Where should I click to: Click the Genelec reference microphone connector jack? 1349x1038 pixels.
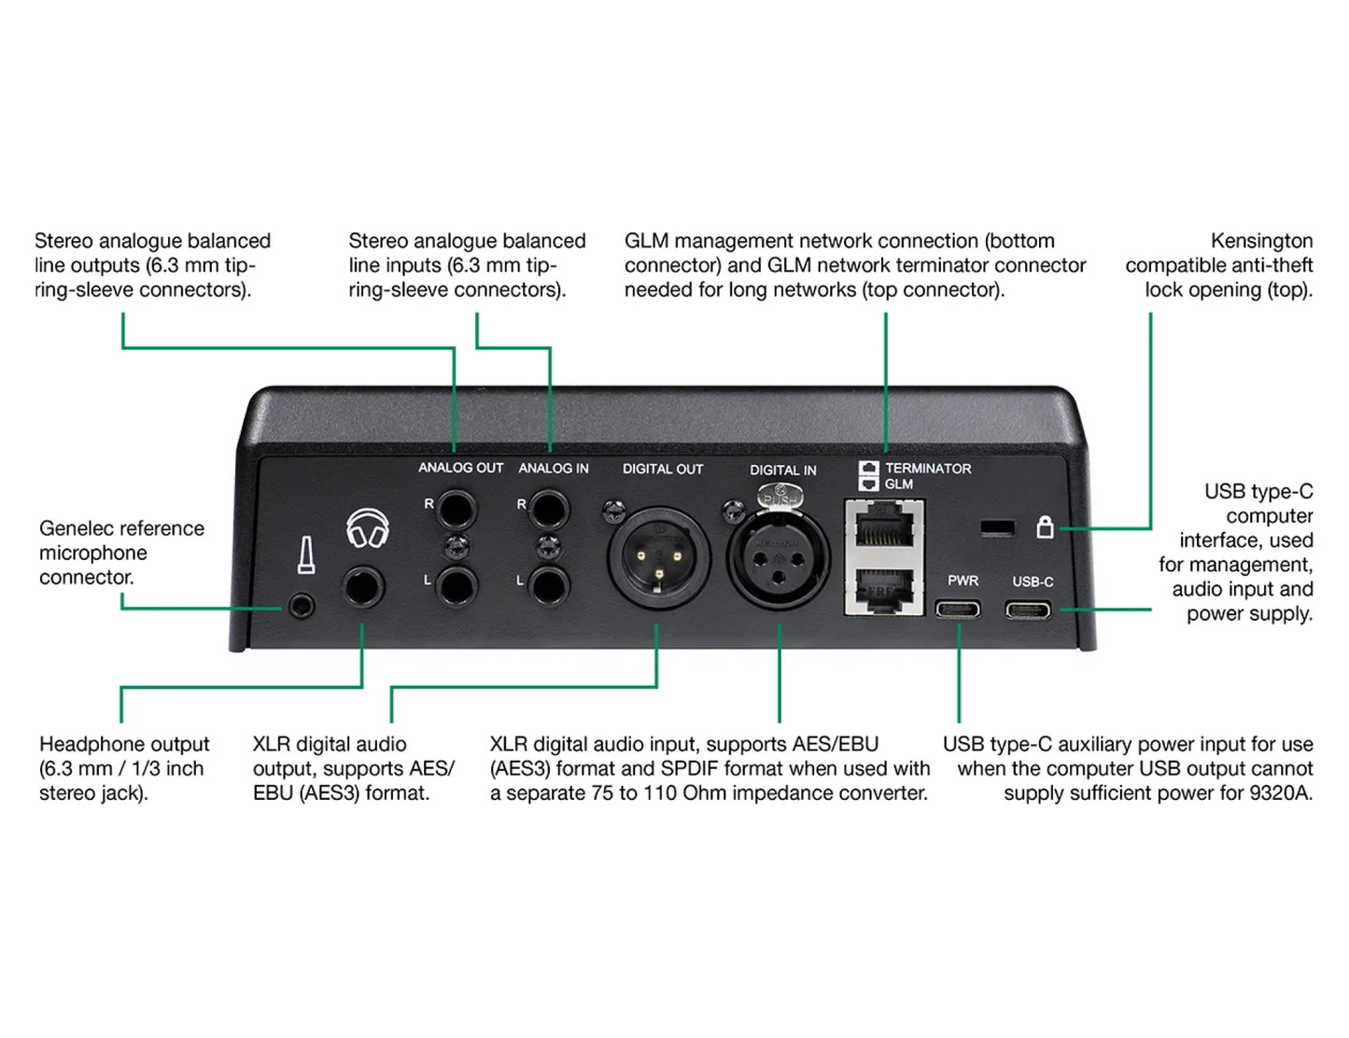click(302, 607)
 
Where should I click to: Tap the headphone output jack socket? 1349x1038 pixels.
click(363, 587)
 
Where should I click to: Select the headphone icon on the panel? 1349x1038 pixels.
click(367, 529)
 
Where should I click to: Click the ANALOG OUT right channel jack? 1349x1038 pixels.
click(457, 510)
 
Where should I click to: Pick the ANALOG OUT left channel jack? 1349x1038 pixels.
click(457, 585)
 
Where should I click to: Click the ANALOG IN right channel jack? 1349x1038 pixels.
click(549, 510)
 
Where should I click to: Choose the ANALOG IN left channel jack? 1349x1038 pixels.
click(549, 585)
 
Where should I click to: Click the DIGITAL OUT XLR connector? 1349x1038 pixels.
click(659, 557)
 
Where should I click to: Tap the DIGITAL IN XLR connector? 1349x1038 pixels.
click(779, 557)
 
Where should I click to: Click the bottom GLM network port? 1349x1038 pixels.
click(883, 588)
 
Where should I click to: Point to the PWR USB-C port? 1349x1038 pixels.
click(959, 610)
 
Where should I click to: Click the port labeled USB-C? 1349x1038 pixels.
click(1028, 610)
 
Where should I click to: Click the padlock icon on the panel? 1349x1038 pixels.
click(1045, 527)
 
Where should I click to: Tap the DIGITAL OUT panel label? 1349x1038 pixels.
click(663, 469)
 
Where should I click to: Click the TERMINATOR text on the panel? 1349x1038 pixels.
click(928, 469)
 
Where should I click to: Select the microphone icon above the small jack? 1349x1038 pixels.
click(305, 554)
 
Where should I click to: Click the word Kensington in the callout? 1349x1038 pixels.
click(1261, 241)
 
